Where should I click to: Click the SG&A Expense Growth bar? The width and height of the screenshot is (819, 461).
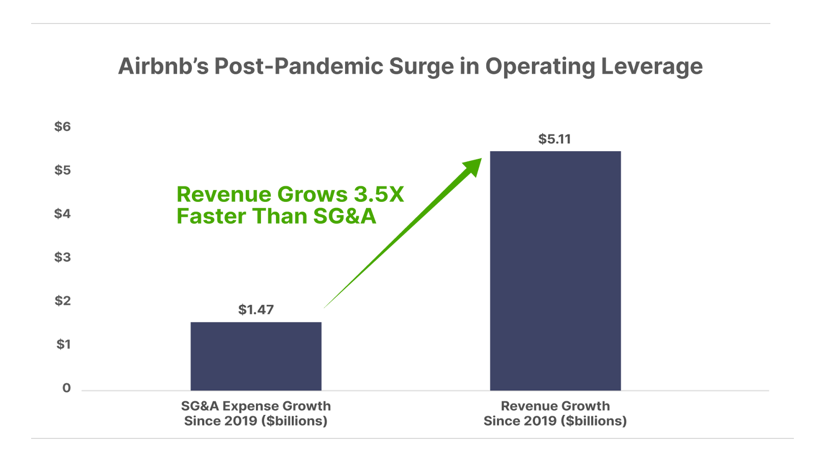point(256,355)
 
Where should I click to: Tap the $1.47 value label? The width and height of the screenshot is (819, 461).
point(256,309)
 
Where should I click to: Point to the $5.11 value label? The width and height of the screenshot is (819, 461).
point(554,139)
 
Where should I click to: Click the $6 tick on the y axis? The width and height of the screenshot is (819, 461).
point(62,127)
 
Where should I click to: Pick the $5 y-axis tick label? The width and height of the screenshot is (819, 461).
point(62,170)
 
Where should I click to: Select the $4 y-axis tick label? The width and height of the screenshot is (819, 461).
point(62,214)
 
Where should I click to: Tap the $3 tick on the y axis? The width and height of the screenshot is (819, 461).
point(62,257)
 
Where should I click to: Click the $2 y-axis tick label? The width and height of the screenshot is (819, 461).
point(62,301)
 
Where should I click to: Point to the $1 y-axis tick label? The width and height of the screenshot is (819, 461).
point(63,344)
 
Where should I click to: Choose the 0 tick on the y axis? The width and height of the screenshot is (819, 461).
point(67,388)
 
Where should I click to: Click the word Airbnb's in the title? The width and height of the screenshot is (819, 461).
point(163,67)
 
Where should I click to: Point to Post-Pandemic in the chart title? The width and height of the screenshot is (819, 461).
point(298,67)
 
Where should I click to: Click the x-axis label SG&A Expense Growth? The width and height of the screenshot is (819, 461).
point(256,406)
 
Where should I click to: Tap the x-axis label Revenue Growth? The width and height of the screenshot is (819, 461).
point(555,406)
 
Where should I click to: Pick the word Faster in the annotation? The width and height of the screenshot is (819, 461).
point(211,216)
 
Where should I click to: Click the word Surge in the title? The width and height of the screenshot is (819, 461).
point(421,67)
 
